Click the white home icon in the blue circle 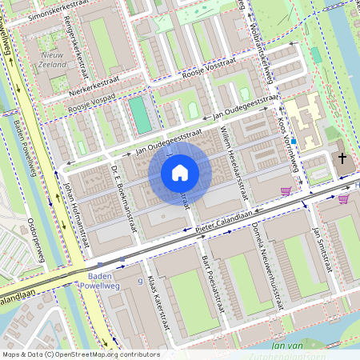coord(180,172)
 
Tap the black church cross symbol coord(342,158)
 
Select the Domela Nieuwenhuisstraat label coord(265,267)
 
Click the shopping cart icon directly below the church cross coord(343,198)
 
